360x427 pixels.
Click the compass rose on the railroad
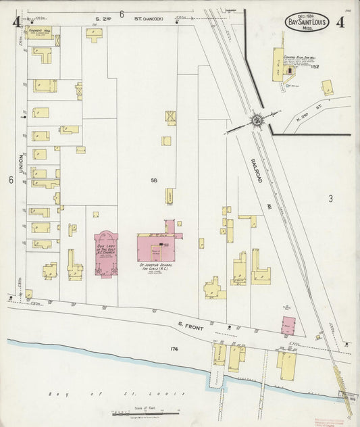(257, 120)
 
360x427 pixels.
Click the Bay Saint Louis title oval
(307, 22)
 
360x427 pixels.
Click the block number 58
(154, 180)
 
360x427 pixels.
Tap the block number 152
(315, 67)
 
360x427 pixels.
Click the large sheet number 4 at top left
(16, 22)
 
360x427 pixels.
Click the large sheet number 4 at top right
(341, 21)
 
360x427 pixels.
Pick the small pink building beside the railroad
(288, 324)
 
